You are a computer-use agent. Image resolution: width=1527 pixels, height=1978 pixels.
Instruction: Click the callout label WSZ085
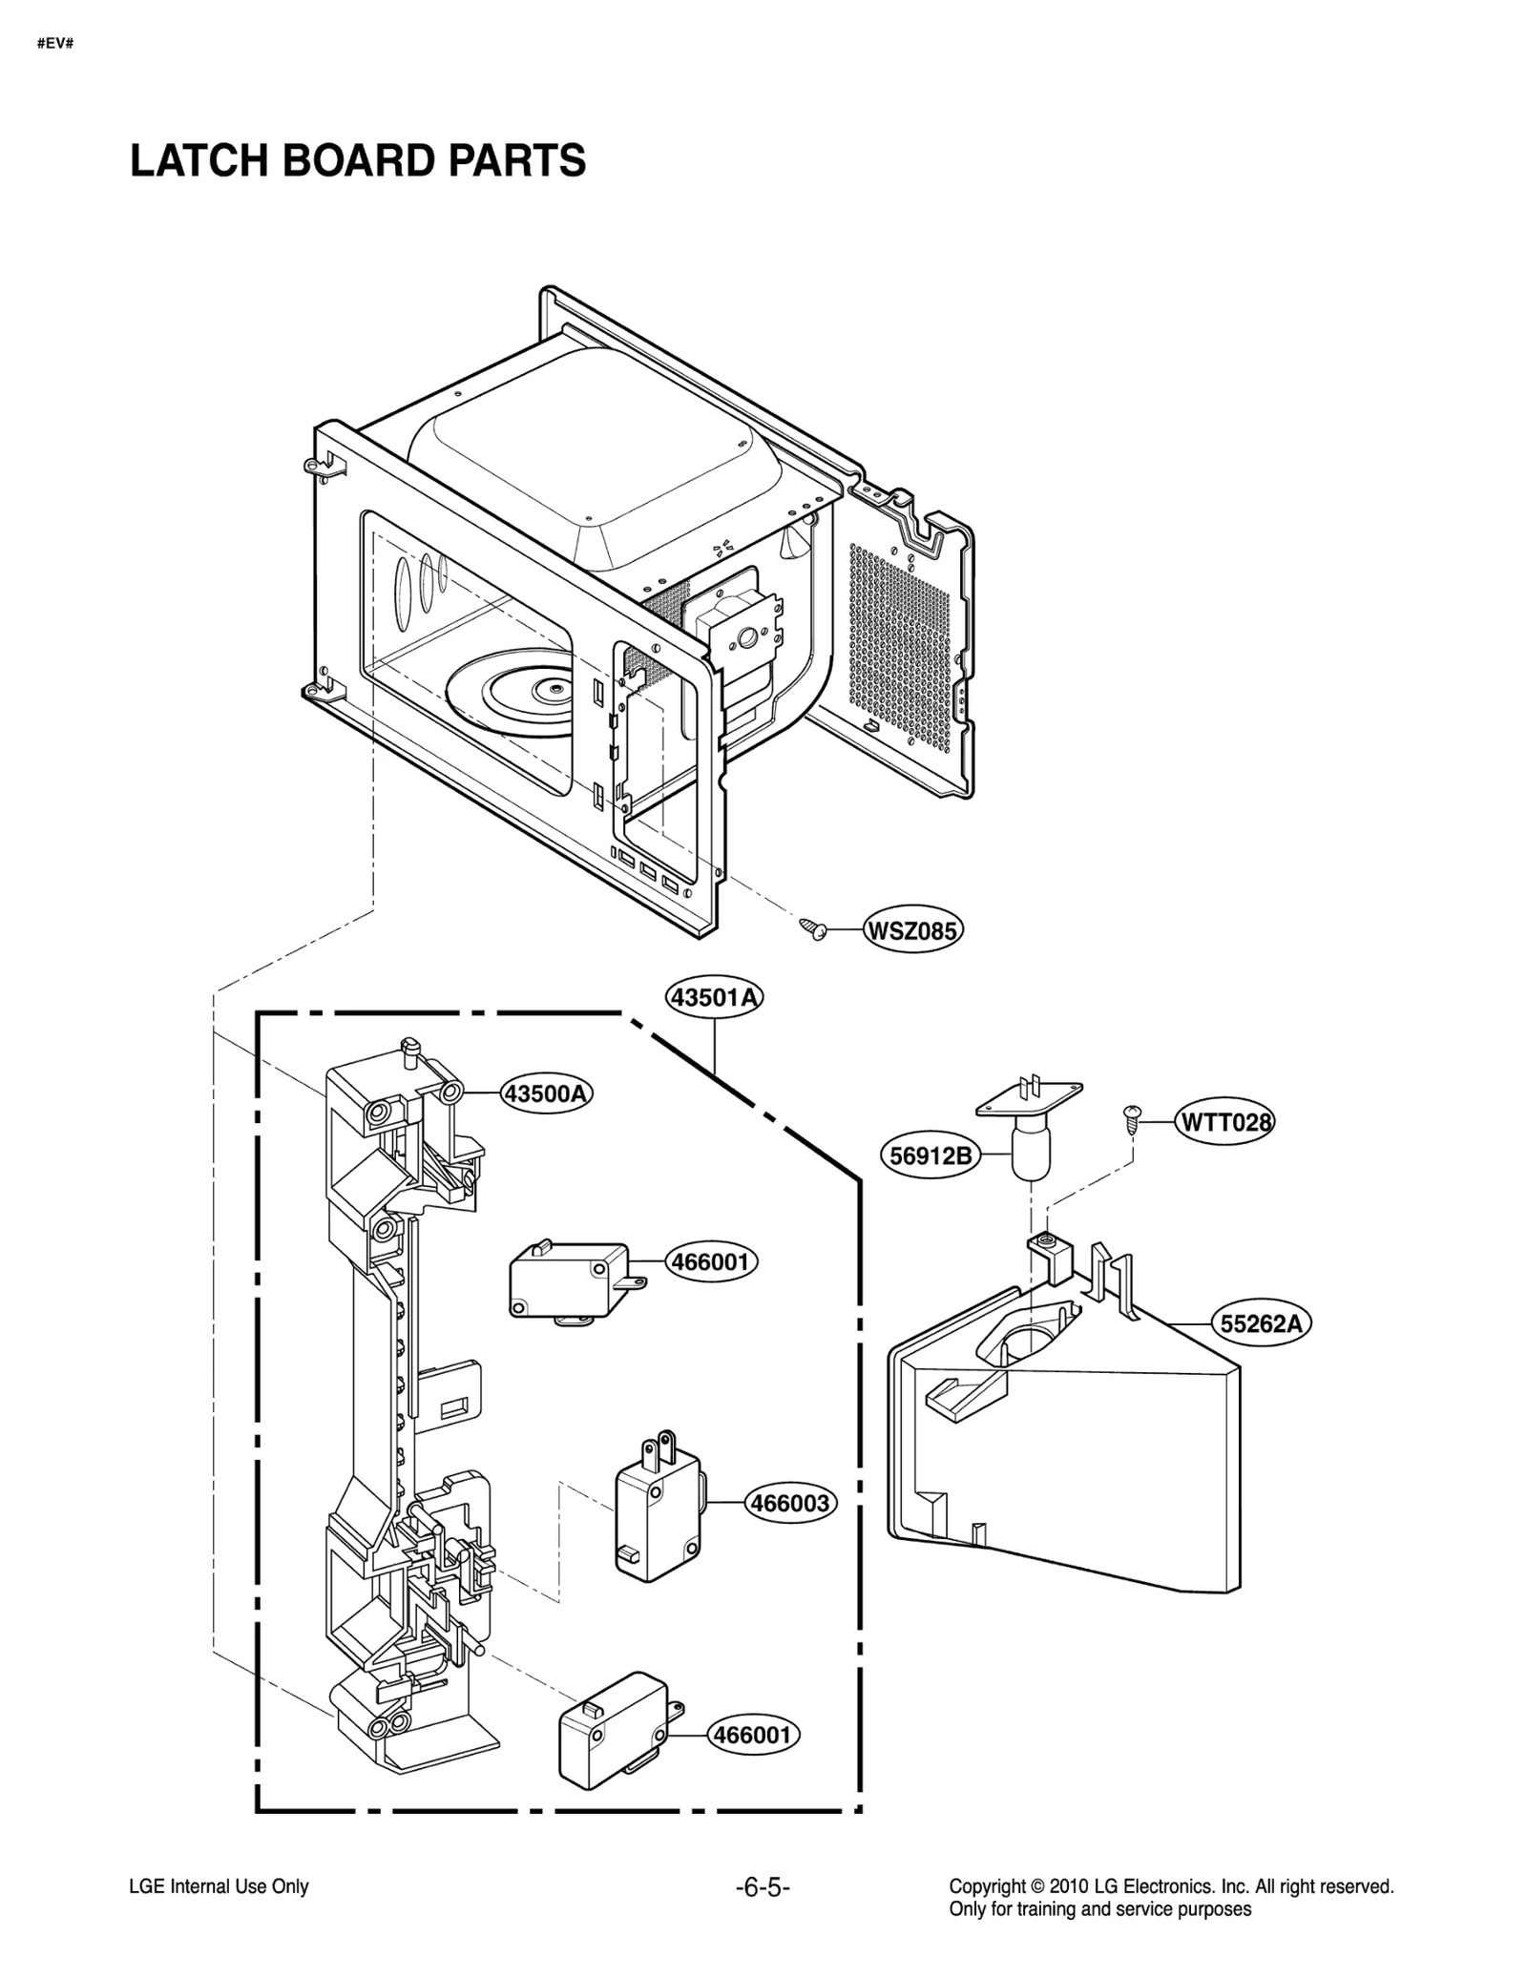(911, 929)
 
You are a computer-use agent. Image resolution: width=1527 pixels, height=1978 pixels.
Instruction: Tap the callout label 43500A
(546, 1093)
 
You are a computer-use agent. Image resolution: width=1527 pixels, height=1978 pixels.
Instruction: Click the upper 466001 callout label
(711, 1262)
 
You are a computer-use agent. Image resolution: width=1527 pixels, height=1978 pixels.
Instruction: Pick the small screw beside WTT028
(1132, 1117)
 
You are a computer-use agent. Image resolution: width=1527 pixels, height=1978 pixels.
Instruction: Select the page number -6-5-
(763, 1886)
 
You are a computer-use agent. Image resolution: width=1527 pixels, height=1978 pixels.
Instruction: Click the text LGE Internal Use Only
(219, 1886)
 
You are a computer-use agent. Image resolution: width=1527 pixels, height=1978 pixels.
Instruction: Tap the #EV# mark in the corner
(55, 43)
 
